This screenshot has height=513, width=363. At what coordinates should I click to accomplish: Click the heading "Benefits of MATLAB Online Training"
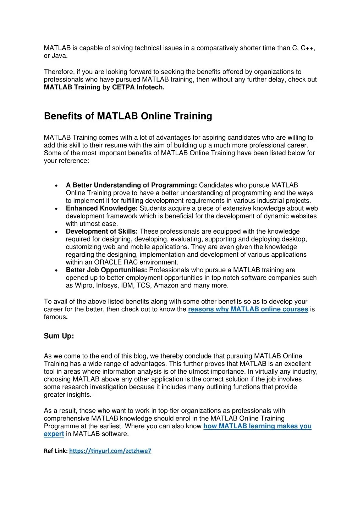128,116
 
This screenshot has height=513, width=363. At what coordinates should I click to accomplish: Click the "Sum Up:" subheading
59,336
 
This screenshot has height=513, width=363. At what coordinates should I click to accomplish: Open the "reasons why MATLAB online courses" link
248,309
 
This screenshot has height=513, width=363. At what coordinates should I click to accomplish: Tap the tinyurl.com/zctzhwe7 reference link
110,451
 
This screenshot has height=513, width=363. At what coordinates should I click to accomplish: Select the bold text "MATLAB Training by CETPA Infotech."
104,87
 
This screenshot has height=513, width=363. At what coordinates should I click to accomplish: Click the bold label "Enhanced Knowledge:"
102,208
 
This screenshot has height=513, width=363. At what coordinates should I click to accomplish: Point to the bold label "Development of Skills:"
102,232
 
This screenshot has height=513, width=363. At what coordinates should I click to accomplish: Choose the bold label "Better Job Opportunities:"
106,270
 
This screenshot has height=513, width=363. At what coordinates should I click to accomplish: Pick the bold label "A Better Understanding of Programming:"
131,185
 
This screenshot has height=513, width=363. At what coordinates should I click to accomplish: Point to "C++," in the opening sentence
308,48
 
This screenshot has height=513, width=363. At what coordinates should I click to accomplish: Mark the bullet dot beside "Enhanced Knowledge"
57,209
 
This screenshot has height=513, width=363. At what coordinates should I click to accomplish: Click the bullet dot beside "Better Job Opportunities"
57,271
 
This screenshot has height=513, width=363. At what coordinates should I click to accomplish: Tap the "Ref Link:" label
56,451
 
